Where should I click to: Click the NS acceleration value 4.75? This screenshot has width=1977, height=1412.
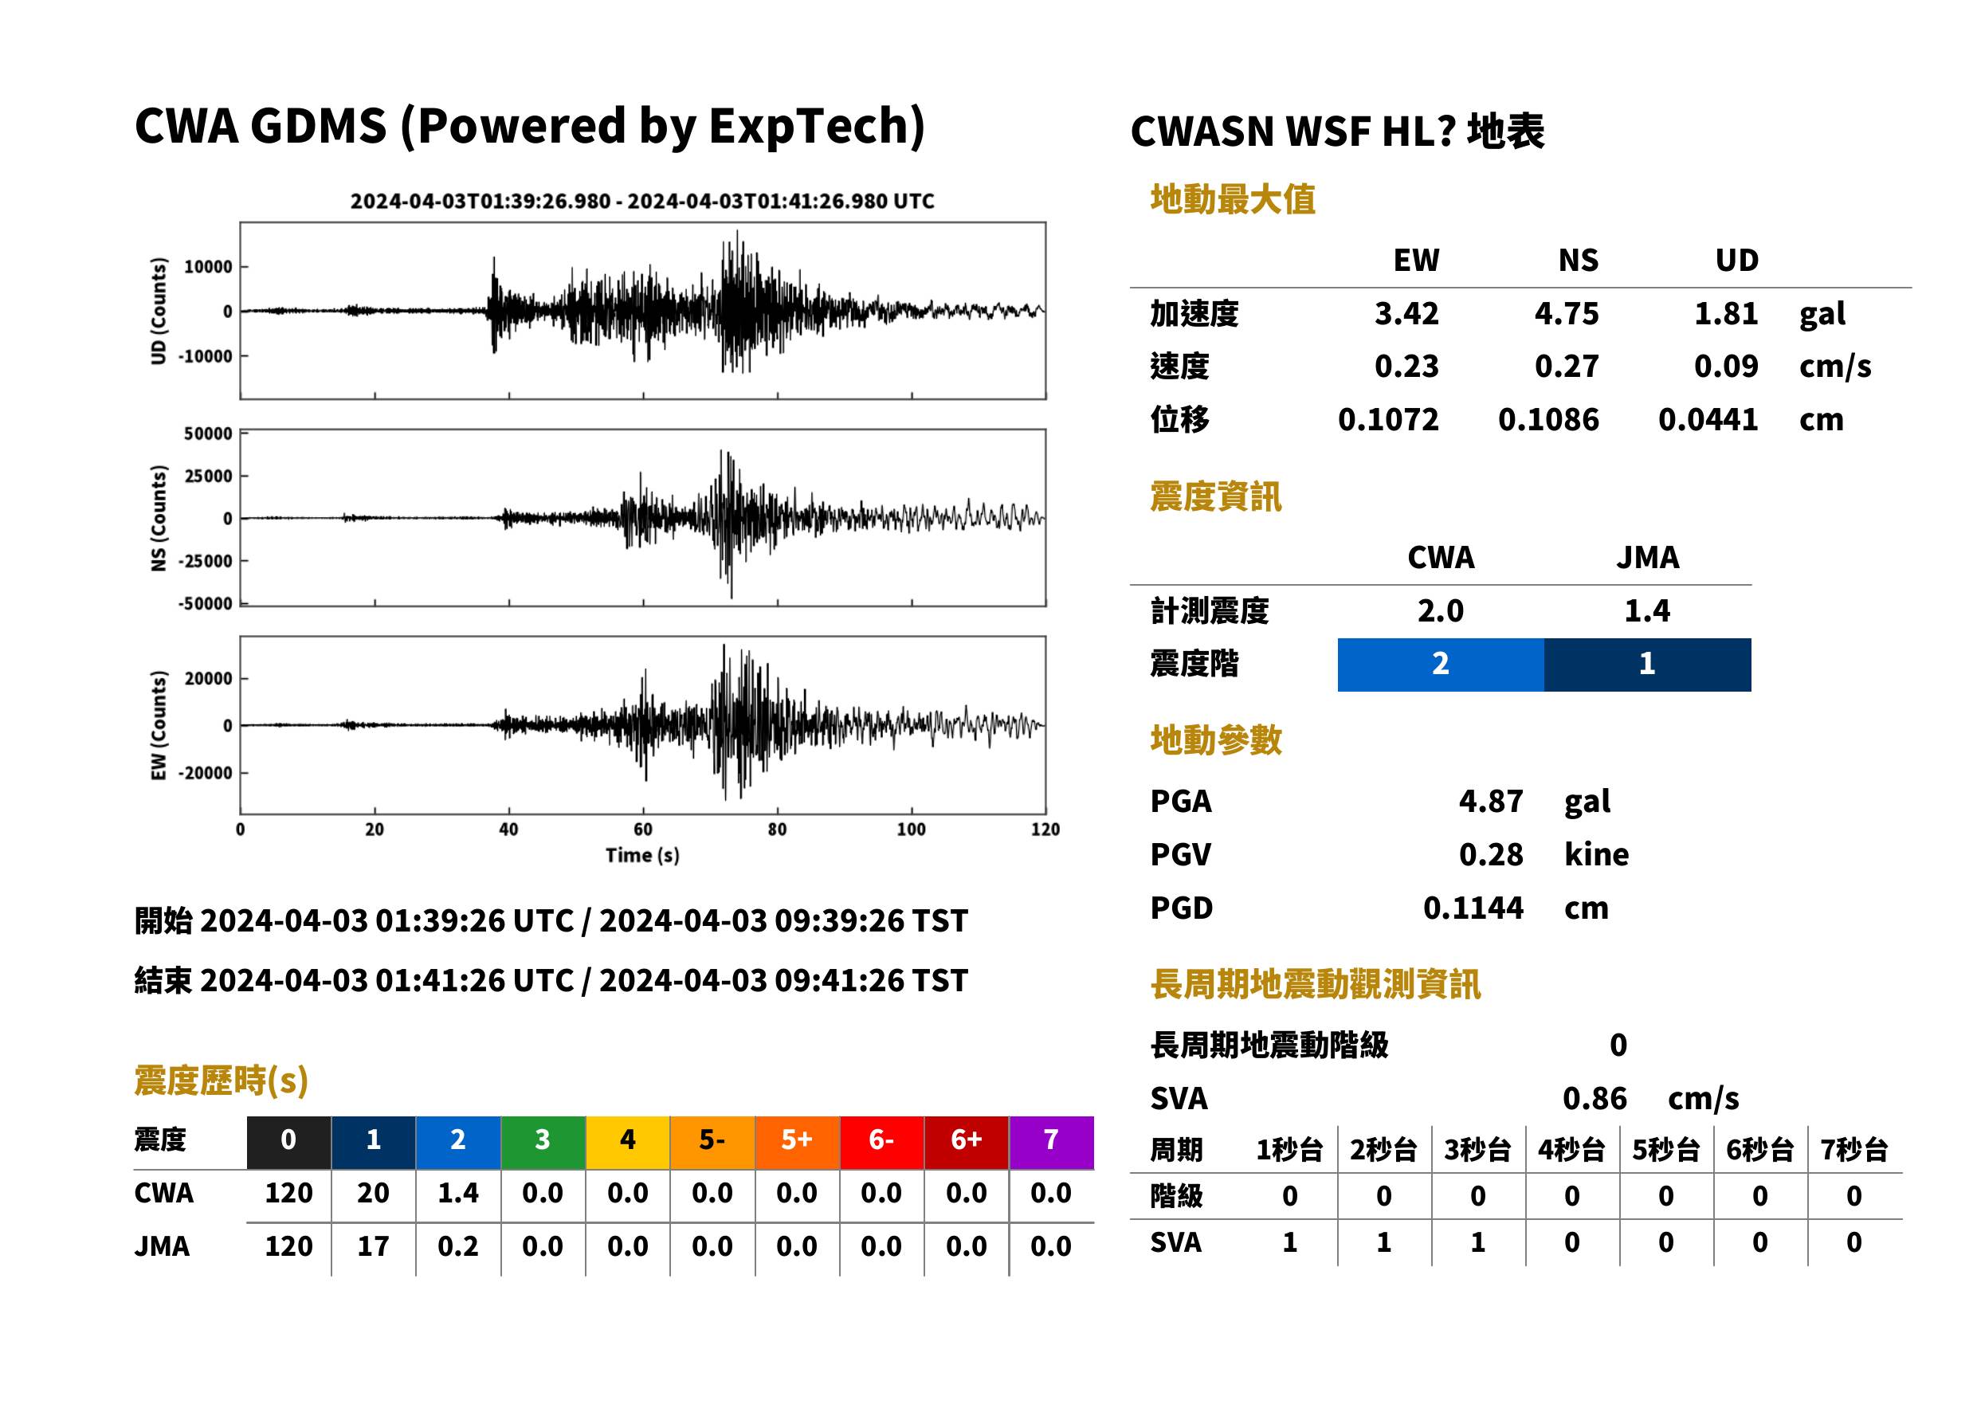(x=1566, y=314)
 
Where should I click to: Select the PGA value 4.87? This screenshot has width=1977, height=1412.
(x=1490, y=801)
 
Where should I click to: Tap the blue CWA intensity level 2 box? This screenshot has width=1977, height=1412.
(x=1441, y=665)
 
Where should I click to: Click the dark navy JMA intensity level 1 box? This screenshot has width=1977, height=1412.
(x=1648, y=665)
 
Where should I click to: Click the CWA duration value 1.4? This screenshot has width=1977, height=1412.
(x=458, y=1193)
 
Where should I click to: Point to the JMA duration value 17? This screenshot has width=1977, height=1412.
(x=373, y=1246)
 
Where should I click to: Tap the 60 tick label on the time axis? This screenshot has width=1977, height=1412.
(x=642, y=829)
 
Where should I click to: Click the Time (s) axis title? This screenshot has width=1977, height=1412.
(x=642, y=855)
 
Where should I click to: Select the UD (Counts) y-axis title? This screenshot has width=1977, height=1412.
(x=159, y=311)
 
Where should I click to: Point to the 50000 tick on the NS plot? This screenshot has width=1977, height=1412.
(x=208, y=433)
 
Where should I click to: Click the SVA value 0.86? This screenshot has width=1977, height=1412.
(x=1595, y=1099)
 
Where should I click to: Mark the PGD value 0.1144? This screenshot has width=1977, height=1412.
(x=1473, y=908)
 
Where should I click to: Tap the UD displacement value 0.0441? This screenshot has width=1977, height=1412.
(x=1708, y=420)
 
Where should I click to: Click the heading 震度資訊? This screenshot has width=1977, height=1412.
(x=1215, y=496)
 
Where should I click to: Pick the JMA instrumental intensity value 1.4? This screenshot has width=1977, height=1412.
(x=1646, y=611)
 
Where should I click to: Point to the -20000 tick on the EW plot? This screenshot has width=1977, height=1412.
(x=205, y=773)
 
